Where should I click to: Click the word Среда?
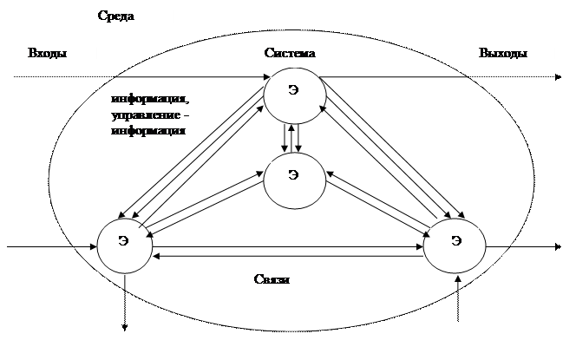(x=115, y=16)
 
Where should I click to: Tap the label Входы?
(x=48, y=53)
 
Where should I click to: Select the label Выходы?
(x=503, y=53)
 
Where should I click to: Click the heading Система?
(x=290, y=53)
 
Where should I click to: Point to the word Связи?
(x=272, y=279)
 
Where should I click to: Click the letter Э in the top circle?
(x=293, y=90)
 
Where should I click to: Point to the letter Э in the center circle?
(x=293, y=175)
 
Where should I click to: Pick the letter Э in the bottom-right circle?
(x=456, y=240)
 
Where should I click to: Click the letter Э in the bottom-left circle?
(x=123, y=240)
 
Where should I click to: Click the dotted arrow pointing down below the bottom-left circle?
(x=125, y=303)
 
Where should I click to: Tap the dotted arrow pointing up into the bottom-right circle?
(x=458, y=298)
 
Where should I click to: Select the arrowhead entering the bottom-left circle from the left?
(x=94, y=246)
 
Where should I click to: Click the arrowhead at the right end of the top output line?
(x=558, y=77)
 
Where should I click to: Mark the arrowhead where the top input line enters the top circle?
(x=266, y=77)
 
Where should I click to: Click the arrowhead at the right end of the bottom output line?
(x=558, y=246)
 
